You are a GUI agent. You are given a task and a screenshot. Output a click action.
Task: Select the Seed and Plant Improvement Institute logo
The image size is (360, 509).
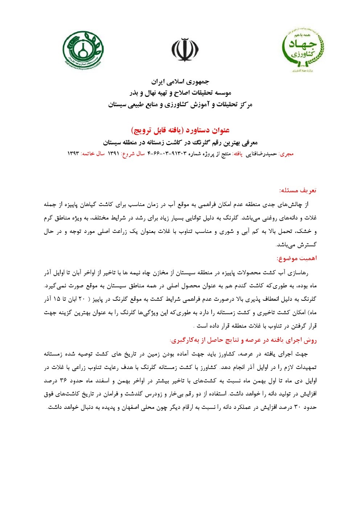(83, 49)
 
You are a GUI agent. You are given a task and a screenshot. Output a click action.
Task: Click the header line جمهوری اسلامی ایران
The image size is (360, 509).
(180, 81)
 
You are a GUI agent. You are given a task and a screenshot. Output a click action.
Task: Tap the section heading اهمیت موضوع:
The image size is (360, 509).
(296, 258)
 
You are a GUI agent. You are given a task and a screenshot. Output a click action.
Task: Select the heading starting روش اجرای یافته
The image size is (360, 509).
(243, 340)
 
